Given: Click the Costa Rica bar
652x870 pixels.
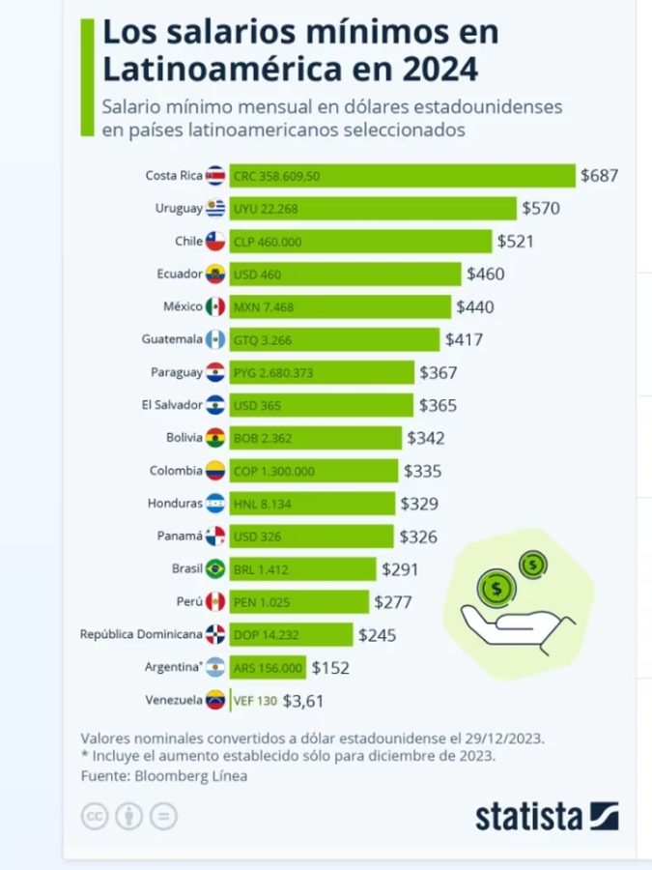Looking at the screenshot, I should tap(402, 175).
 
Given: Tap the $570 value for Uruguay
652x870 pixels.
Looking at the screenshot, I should tap(541, 208).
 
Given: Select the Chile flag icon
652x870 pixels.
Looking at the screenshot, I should tap(214, 242).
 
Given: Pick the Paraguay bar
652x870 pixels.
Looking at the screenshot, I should tap(322, 372).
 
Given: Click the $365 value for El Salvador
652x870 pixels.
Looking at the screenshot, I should tap(438, 406).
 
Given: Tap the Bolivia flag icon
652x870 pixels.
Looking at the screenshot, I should tap(214, 438).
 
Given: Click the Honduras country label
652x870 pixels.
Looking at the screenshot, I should tap(175, 503).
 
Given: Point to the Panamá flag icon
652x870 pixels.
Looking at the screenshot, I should tap(214, 536).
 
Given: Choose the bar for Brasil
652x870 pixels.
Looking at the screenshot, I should tap(302, 569).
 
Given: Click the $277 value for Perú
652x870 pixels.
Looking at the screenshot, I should tap(393, 602).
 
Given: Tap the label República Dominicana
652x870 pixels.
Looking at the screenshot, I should tap(141, 635).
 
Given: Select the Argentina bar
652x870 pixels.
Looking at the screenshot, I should tap(268, 668).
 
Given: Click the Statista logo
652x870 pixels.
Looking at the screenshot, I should tap(547, 816).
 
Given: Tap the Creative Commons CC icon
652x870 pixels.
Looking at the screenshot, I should tap(94, 817).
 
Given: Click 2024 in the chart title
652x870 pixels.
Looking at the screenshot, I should tap(432, 70).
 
